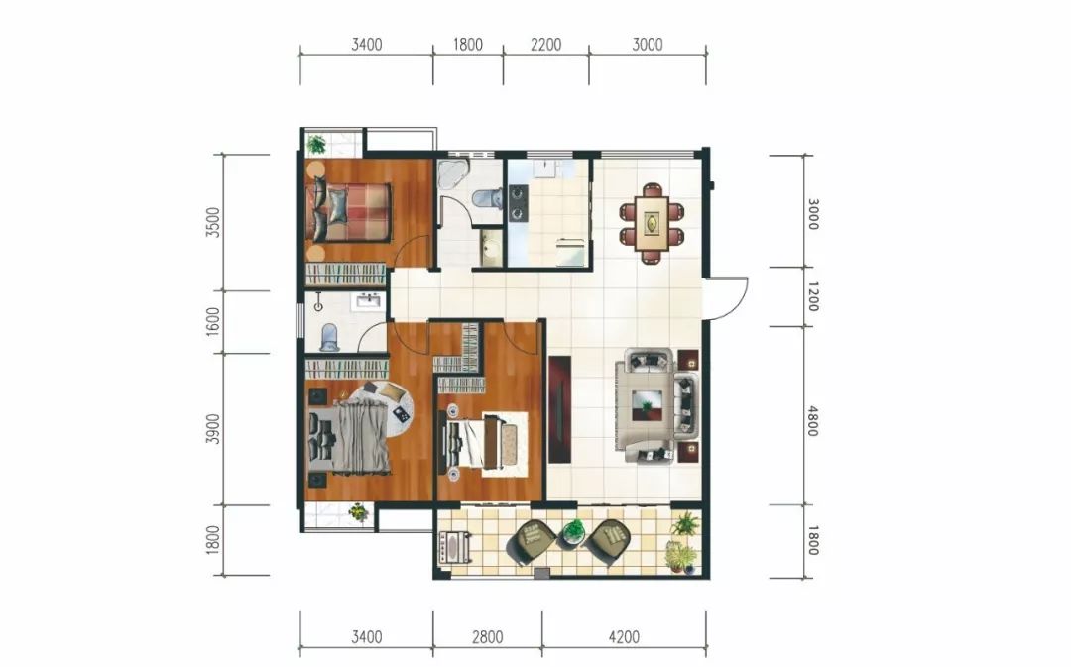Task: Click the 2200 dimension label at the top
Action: coord(545,45)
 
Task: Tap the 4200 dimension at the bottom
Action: coord(624,637)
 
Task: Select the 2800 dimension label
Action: coord(487,637)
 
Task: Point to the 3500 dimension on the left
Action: coord(214,223)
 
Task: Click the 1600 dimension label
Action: coord(214,321)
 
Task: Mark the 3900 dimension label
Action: coord(214,429)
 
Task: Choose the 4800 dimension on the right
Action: coord(812,421)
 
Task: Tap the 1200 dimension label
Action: coord(812,297)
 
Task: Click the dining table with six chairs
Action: coord(652,223)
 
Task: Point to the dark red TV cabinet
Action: coord(559,409)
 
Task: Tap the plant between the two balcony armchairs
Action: coord(574,532)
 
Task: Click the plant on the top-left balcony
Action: coord(316,144)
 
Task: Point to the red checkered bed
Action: coord(349,212)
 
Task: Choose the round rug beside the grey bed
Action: coord(386,409)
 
